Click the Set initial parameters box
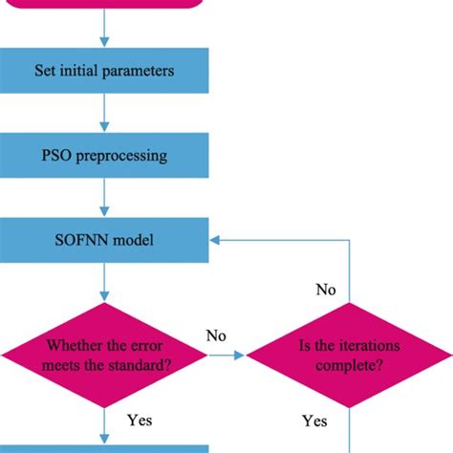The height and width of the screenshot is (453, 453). pyautogui.click(x=104, y=70)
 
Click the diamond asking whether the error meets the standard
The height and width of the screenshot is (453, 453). pyautogui.click(x=104, y=355)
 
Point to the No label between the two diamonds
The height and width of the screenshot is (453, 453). pyautogui.click(x=216, y=335)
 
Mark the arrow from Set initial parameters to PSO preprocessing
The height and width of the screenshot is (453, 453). pyautogui.click(x=104, y=113)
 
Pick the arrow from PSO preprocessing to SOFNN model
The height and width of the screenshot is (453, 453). pyautogui.click(x=104, y=199)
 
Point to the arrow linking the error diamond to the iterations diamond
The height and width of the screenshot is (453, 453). pyautogui.click(x=227, y=355)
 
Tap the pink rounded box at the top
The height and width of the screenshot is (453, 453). pyautogui.click(x=104, y=4)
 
